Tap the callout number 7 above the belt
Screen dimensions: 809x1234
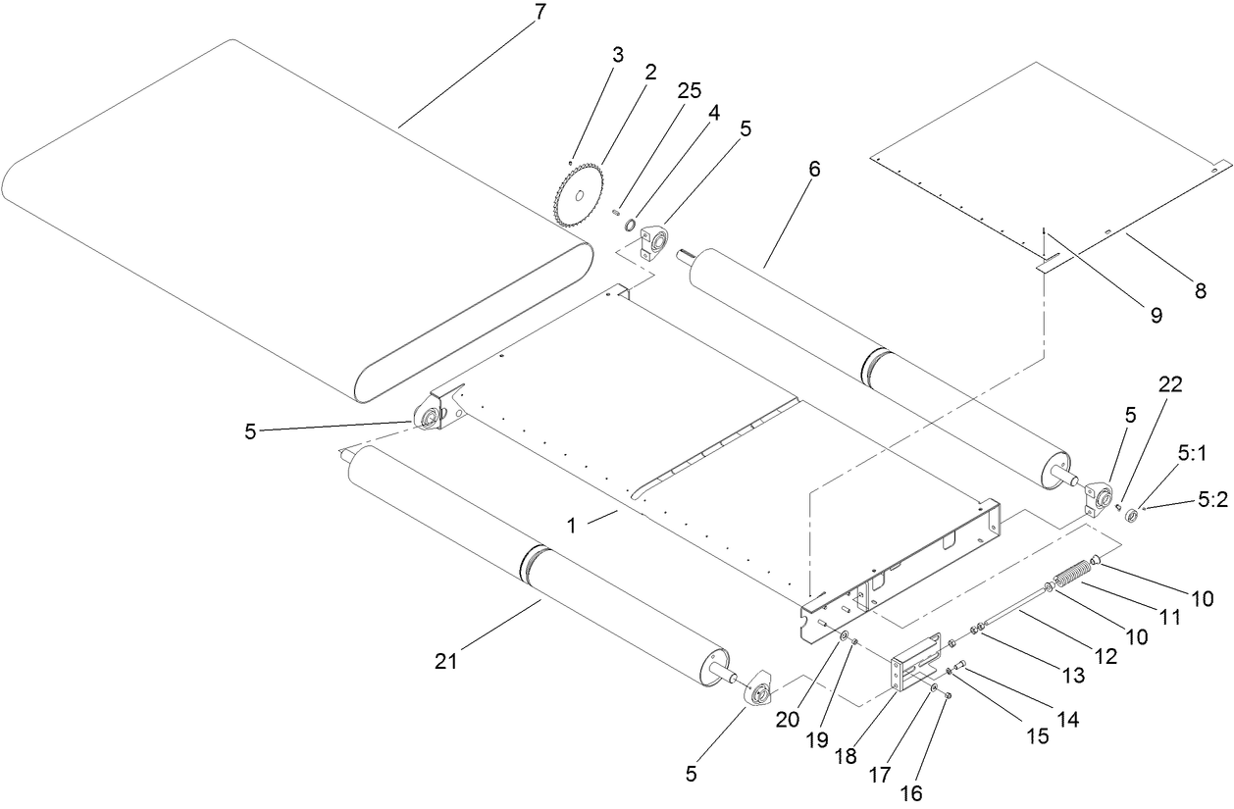540,14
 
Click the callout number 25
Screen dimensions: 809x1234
690,90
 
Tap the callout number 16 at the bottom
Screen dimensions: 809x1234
912,793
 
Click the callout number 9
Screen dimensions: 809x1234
1155,315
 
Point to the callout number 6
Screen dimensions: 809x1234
814,169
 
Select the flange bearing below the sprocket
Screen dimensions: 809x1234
652,240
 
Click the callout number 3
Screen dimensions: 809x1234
617,55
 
